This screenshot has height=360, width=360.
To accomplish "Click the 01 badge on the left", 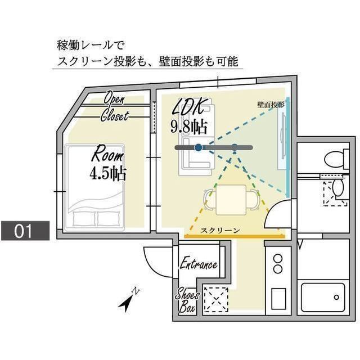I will (25, 231).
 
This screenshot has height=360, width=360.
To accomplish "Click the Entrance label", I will (198, 264).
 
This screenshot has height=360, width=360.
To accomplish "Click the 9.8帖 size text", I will (188, 125).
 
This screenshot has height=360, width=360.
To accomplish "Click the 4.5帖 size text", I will (107, 173).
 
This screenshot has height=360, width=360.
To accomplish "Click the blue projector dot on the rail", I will (198, 147).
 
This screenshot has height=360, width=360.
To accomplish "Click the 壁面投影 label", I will (271, 105).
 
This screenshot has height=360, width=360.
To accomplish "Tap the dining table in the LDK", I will (231, 198).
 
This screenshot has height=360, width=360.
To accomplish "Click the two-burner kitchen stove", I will (277, 264).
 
